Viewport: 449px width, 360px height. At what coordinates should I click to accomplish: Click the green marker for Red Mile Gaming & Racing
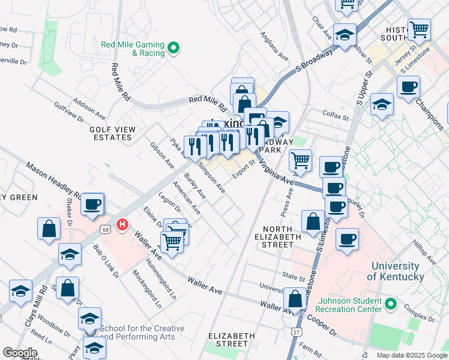click(x=174, y=48)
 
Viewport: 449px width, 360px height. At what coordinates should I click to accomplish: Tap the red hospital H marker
click(x=122, y=225)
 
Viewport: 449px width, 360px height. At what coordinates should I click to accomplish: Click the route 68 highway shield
click(x=106, y=229)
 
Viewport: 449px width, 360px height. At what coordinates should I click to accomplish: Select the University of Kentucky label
click(x=395, y=271)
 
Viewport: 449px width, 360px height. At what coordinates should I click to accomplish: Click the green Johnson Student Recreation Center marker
click(x=391, y=305)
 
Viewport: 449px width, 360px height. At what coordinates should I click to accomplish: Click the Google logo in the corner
click(x=20, y=353)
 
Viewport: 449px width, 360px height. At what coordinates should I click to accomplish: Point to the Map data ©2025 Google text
click(x=411, y=355)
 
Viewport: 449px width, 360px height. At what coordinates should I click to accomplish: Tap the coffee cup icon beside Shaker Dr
click(x=92, y=203)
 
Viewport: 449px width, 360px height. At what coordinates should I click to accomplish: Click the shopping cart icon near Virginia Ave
click(x=300, y=160)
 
